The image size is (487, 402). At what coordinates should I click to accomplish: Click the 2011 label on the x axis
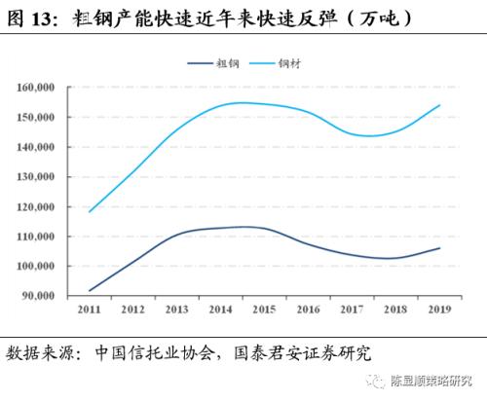tap(89, 309)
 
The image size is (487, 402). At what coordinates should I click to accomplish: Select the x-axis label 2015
tap(263, 309)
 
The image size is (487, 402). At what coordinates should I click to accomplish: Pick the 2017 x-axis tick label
tap(352, 309)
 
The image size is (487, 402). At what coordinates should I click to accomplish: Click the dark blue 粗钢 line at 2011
tap(89, 290)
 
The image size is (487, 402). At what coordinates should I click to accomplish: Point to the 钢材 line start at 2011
tap(89, 211)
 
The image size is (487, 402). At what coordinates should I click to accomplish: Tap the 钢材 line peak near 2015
tap(243, 102)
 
